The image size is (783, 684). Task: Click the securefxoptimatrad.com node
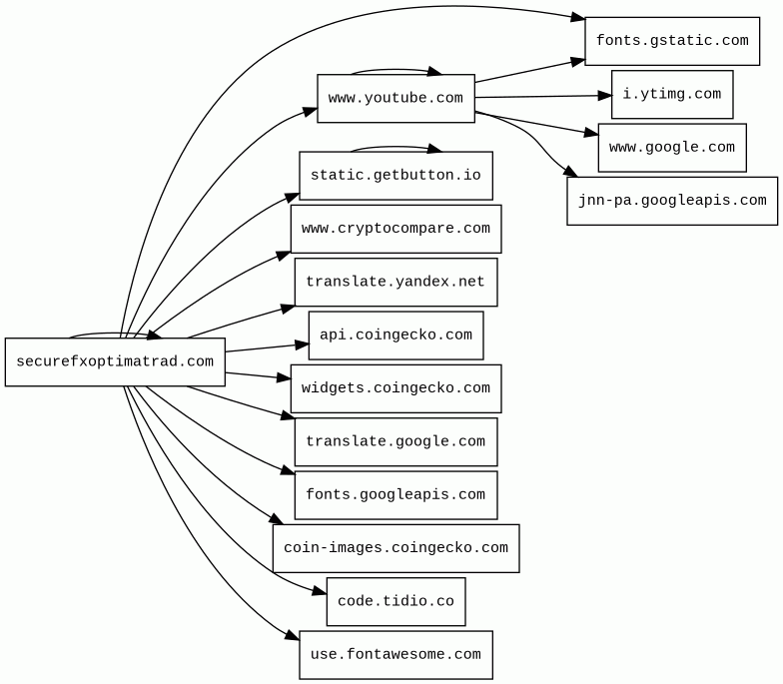[x=115, y=361]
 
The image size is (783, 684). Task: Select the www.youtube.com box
[x=395, y=98]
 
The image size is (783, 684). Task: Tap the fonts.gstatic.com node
[x=671, y=41]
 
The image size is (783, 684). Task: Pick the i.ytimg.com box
[x=671, y=94]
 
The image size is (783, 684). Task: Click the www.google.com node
[x=671, y=148]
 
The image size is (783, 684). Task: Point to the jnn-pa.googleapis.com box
[x=671, y=201]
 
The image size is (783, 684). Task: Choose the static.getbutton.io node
[x=395, y=176]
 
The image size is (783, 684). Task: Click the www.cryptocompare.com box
[x=395, y=229]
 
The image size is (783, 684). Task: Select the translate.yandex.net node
[x=395, y=282]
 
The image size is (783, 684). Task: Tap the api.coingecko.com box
[x=395, y=336]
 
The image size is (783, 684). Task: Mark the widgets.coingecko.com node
[x=395, y=388]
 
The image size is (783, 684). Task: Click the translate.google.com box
[x=395, y=441]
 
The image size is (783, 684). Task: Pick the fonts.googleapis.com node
[x=395, y=495]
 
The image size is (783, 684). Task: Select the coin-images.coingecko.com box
[x=395, y=548]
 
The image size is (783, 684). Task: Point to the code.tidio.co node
[x=395, y=601]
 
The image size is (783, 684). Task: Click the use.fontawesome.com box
[x=395, y=655]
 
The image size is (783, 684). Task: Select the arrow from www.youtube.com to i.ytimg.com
[x=539, y=97]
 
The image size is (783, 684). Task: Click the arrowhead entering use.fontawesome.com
[x=292, y=637]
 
